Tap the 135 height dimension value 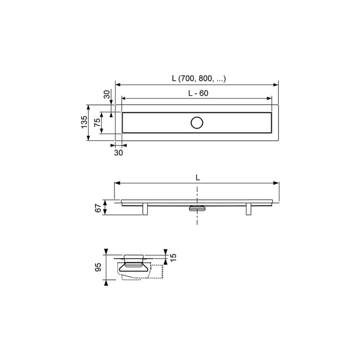pos(84,122)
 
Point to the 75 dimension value pos(97,122)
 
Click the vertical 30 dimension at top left pos(107,95)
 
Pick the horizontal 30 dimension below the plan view pos(118,153)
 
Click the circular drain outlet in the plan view pos(197,123)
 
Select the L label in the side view pos(197,177)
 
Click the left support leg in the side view pos(145,209)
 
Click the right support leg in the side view pos(248,209)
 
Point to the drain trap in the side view pos(197,208)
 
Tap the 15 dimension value pos(174,257)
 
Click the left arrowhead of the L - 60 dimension pos(124,98)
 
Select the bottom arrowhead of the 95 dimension pos(106,283)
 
